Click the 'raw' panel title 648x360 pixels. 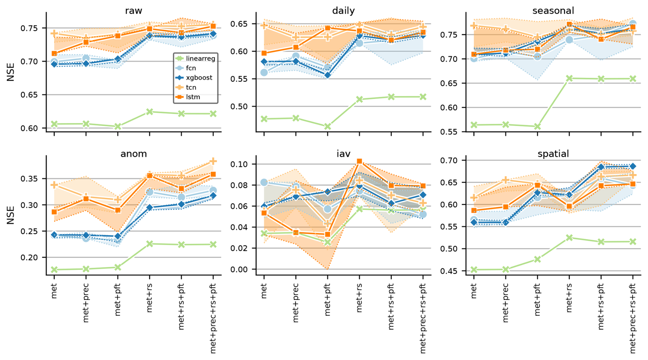(x=134, y=11)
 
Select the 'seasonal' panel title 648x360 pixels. (x=553, y=11)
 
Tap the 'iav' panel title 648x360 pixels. (x=343, y=154)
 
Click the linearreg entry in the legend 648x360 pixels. (x=200, y=59)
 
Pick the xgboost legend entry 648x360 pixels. (x=199, y=78)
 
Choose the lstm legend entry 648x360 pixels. (x=193, y=97)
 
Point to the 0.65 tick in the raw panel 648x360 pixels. (x=34, y=95)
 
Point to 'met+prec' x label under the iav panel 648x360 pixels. (x=296, y=303)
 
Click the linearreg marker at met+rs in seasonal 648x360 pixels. (x=569, y=78)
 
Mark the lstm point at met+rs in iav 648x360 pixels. (x=359, y=161)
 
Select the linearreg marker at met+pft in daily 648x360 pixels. (x=327, y=127)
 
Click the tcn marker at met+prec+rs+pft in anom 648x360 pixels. (x=213, y=161)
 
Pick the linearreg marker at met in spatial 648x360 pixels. (x=474, y=270)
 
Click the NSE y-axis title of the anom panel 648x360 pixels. (x=11, y=215)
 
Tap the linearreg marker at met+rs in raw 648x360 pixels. (x=150, y=112)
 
